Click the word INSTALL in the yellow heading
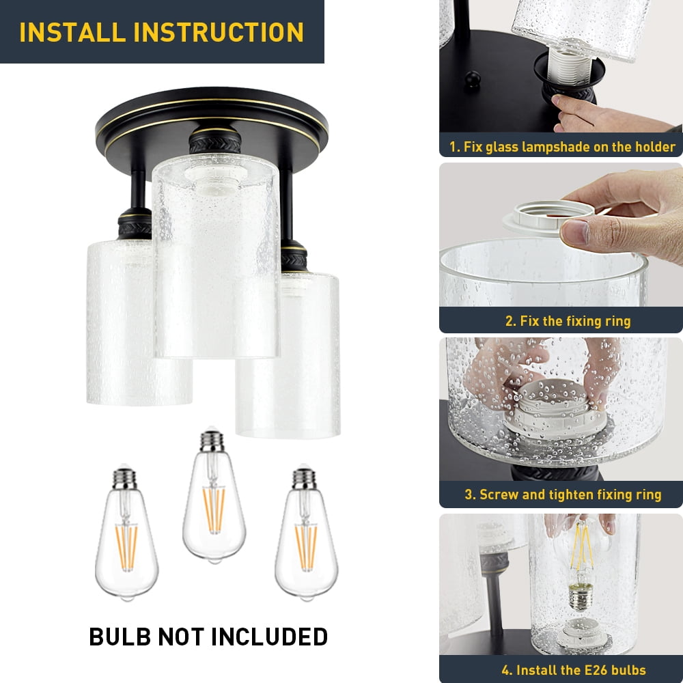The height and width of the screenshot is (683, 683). click(72, 32)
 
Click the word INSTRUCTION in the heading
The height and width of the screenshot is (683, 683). click(219, 32)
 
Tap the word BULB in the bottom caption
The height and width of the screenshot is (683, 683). click(120, 637)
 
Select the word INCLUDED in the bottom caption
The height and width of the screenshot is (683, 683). click(270, 637)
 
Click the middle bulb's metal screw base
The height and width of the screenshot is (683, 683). click(212, 441)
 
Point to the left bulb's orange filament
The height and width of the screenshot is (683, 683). click(126, 548)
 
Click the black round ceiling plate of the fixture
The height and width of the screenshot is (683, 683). click(212, 122)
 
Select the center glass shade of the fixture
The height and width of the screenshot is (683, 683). click(216, 257)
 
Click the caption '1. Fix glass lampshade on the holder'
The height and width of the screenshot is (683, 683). click(562, 147)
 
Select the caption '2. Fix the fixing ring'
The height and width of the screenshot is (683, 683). click(568, 321)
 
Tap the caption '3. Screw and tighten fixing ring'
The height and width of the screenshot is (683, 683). click(563, 494)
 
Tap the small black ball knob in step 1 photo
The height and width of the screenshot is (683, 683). click(472, 80)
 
